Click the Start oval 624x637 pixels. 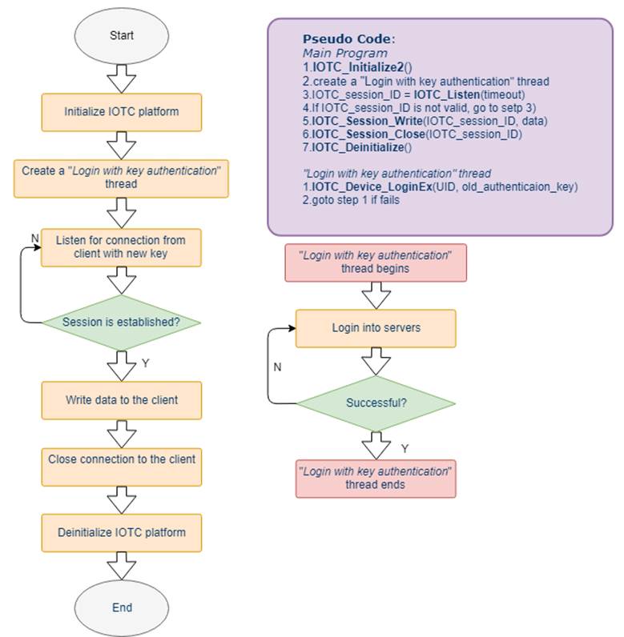pos(121,36)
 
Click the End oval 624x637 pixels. pos(122,607)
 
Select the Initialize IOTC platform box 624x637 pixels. pos(122,112)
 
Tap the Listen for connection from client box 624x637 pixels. pos(121,247)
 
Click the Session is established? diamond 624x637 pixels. pos(122,323)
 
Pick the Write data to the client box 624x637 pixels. pos(122,400)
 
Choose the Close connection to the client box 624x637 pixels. pos(122,467)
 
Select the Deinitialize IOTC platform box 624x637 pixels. pos(122,533)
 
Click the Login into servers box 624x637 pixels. pos(376,328)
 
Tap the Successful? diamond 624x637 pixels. pos(376,403)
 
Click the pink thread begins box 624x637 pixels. pos(376,262)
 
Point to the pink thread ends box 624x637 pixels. pos(376,479)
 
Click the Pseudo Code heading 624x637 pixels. pos(348,39)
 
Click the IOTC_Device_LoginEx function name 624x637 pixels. pos(372,187)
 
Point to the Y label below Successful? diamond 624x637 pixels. pos(405,448)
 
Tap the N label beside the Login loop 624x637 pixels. pos(277,367)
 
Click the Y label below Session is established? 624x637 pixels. pos(146,363)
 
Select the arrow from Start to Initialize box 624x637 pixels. pos(122,78)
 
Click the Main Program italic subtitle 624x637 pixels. pos(344,54)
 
